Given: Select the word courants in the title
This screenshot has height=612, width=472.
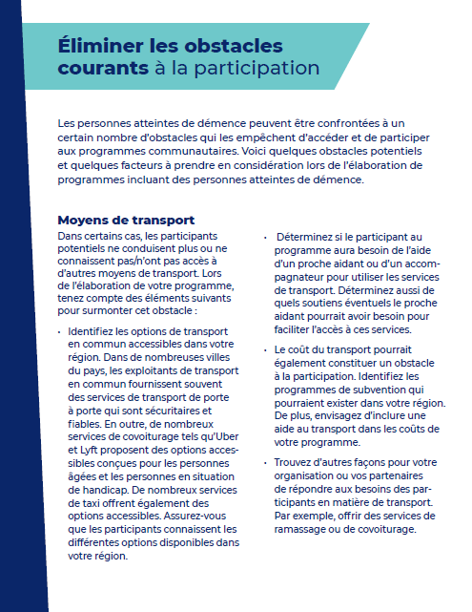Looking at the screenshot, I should pos(102,68).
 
